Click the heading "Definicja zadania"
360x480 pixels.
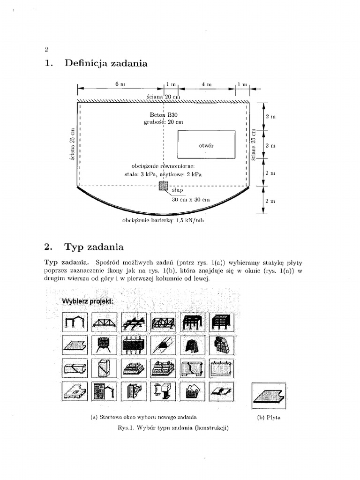click(106, 63)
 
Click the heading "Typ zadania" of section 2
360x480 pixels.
click(94, 247)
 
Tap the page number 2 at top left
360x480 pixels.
click(46, 49)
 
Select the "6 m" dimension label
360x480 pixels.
click(120, 84)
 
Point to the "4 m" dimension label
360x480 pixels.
click(207, 84)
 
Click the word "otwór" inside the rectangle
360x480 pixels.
click(206, 145)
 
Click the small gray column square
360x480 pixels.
click(163, 186)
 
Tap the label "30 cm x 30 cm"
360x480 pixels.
click(191, 200)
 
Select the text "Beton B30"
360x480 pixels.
click(164, 114)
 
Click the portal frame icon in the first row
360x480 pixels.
click(74, 322)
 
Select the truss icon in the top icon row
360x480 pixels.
click(103, 322)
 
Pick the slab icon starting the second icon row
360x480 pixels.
click(74, 345)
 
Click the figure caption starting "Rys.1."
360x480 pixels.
click(173, 428)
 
